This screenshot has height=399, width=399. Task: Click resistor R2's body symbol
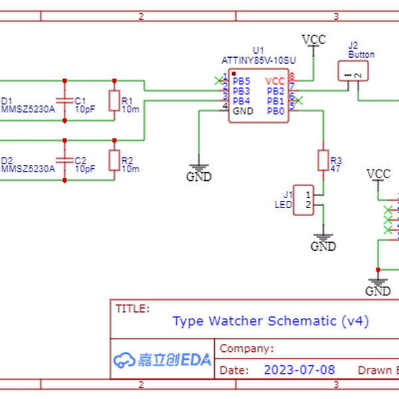114,160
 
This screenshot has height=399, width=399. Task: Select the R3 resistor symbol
324,160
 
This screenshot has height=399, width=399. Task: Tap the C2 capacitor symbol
65,160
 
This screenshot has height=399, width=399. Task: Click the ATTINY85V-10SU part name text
258,60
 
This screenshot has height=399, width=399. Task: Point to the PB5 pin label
241,81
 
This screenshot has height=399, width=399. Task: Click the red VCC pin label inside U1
275,81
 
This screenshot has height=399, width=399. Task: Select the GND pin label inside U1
243,111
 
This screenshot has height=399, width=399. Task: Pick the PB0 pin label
276,111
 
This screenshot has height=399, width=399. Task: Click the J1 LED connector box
304,199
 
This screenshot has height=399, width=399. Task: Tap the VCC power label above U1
314,39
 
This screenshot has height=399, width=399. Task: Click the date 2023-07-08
299,370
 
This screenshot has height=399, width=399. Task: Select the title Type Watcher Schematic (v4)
270,321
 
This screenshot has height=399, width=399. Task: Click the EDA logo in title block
163,360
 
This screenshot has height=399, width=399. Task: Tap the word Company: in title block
246,348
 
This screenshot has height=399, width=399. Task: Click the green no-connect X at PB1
299,100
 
